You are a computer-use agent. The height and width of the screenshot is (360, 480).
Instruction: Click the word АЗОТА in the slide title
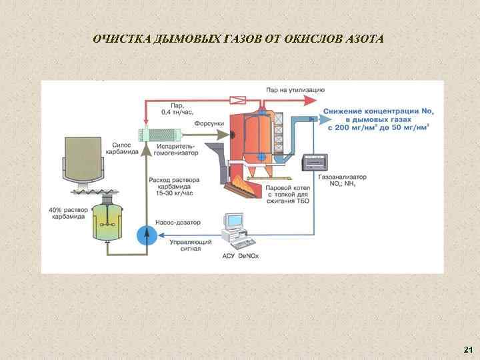[364, 38]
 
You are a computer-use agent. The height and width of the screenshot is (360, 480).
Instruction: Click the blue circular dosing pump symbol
[145, 234]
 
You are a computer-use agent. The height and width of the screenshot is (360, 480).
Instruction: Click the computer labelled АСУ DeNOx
[235, 227]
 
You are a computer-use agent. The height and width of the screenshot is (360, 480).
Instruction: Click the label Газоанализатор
[339, 178]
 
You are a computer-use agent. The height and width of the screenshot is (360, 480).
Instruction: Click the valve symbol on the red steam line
[237, 100]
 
